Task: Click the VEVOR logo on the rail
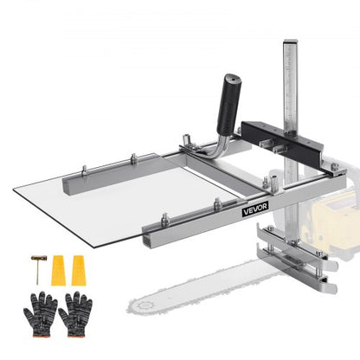coord(255,209)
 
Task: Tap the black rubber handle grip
coord(229,105)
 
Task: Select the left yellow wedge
coord(58,270)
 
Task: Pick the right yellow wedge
coord(79,270)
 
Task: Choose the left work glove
coord(41,314)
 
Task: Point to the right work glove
coord(75,314)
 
